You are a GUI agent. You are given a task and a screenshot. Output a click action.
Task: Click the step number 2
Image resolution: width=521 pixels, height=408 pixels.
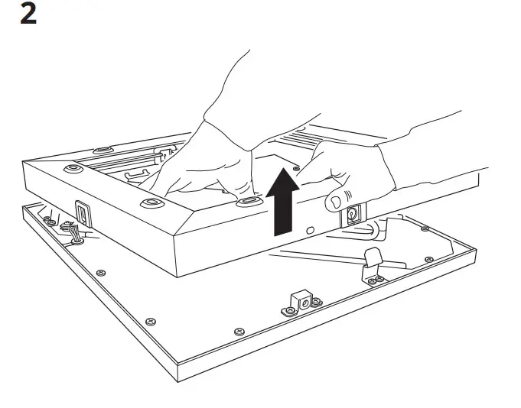coord(28,15)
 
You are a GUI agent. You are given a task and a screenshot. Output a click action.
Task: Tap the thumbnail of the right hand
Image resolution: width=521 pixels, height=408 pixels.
coord(334,202)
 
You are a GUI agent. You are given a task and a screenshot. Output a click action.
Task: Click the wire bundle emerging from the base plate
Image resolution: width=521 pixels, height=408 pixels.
coord(75,230)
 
